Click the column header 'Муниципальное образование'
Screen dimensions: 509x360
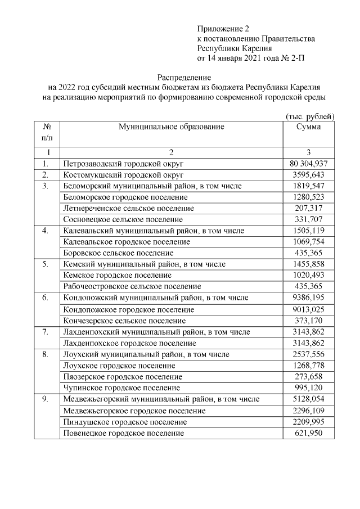coord(171,127)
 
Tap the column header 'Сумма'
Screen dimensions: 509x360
coord(309,127)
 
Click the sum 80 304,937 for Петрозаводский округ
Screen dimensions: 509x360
coord(309,164)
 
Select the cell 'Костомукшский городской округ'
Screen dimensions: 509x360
coord(120,175)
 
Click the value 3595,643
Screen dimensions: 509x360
coord(309,175)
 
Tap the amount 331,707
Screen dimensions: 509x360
coord(309,219)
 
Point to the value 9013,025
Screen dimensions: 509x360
coord(309,308)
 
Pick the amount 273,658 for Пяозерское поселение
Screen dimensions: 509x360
coord(309,377)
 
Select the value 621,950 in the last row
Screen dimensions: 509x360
coord(309,433)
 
